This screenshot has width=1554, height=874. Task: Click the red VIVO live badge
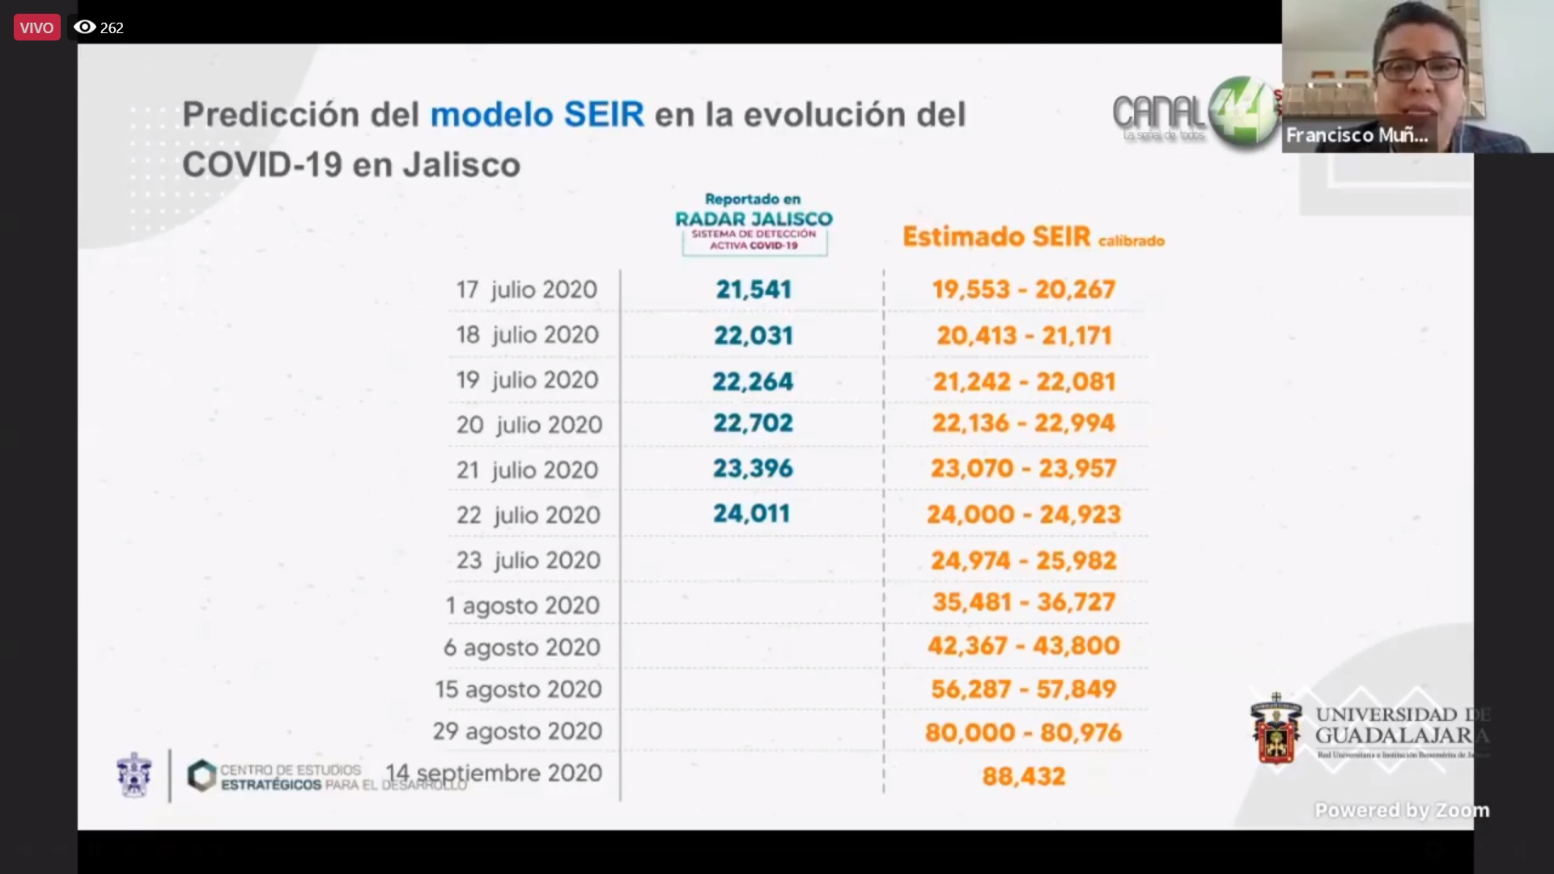click(36, 28)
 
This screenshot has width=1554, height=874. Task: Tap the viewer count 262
click(112, 28)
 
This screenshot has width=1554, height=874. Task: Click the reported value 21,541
click(754, 290)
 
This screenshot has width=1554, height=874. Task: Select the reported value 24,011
click(751, 514)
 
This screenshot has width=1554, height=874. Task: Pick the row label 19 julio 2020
click(527, 380)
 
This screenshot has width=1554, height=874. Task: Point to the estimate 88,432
click(1024, 777)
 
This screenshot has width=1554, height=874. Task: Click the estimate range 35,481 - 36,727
click(1024, 602)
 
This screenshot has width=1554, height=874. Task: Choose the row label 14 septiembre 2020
click(494, 774)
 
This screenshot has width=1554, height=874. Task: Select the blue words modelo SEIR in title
click(537, 115)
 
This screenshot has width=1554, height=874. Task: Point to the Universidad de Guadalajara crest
click(1276, 728)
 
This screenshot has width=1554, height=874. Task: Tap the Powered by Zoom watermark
click(1401, 810)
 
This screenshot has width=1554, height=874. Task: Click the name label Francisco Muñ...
click(1357, 135)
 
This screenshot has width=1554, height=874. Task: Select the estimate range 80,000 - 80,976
click(1024, 733)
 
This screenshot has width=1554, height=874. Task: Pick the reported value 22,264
click(753, 381)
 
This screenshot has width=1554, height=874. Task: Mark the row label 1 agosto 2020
click(523, 605)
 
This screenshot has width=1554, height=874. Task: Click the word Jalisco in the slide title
click(461, 165)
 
